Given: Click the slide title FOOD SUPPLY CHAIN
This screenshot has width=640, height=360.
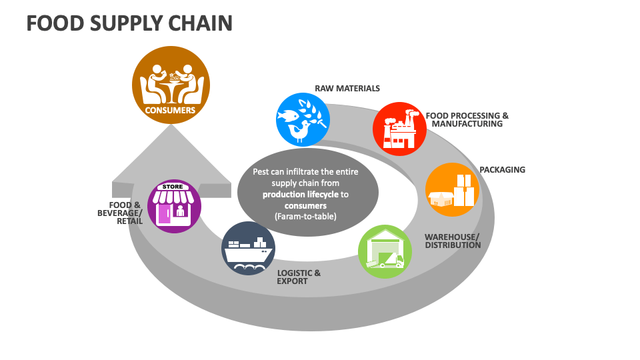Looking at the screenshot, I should pyautogui.click(x=129, y=23).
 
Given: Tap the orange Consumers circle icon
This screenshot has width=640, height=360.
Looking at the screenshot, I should pyautogui.click(x=170, y=85).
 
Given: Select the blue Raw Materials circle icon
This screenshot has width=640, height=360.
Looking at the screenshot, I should pyautogui.click(x=303, y=119).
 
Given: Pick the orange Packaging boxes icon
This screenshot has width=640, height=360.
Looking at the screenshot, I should pyautogui.click(x=452, y=189).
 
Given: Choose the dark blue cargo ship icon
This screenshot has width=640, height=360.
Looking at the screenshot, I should pyautogui.click(x=249, y=249).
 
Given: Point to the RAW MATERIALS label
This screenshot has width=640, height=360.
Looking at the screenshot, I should pyautogui.click(x=347, y=88).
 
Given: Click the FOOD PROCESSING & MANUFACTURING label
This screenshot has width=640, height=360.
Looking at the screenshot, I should pyautogui.click(x=467, y=119).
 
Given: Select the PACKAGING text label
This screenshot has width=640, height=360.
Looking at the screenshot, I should pyautogui.click(x=502, y=169).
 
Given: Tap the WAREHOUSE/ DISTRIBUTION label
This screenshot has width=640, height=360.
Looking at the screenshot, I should pyautogui.click(x=452, y=241).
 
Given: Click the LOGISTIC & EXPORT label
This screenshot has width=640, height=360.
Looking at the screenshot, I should pyautogui.click(x=299, y=277).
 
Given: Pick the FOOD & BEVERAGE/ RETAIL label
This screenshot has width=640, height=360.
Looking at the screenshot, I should pyautogui.click(x=125, y=213).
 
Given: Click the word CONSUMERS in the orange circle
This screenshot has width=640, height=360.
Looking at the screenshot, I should pyautogui.click(x=170, y=110).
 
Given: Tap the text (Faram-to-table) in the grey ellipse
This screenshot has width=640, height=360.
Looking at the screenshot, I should pyautogui.click(x=306, y=217).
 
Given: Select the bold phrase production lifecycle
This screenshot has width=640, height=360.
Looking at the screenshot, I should pyautogui.click(x=301, y=194).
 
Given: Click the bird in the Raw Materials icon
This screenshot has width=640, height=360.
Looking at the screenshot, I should pyautogui.click(x=301, y=132).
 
